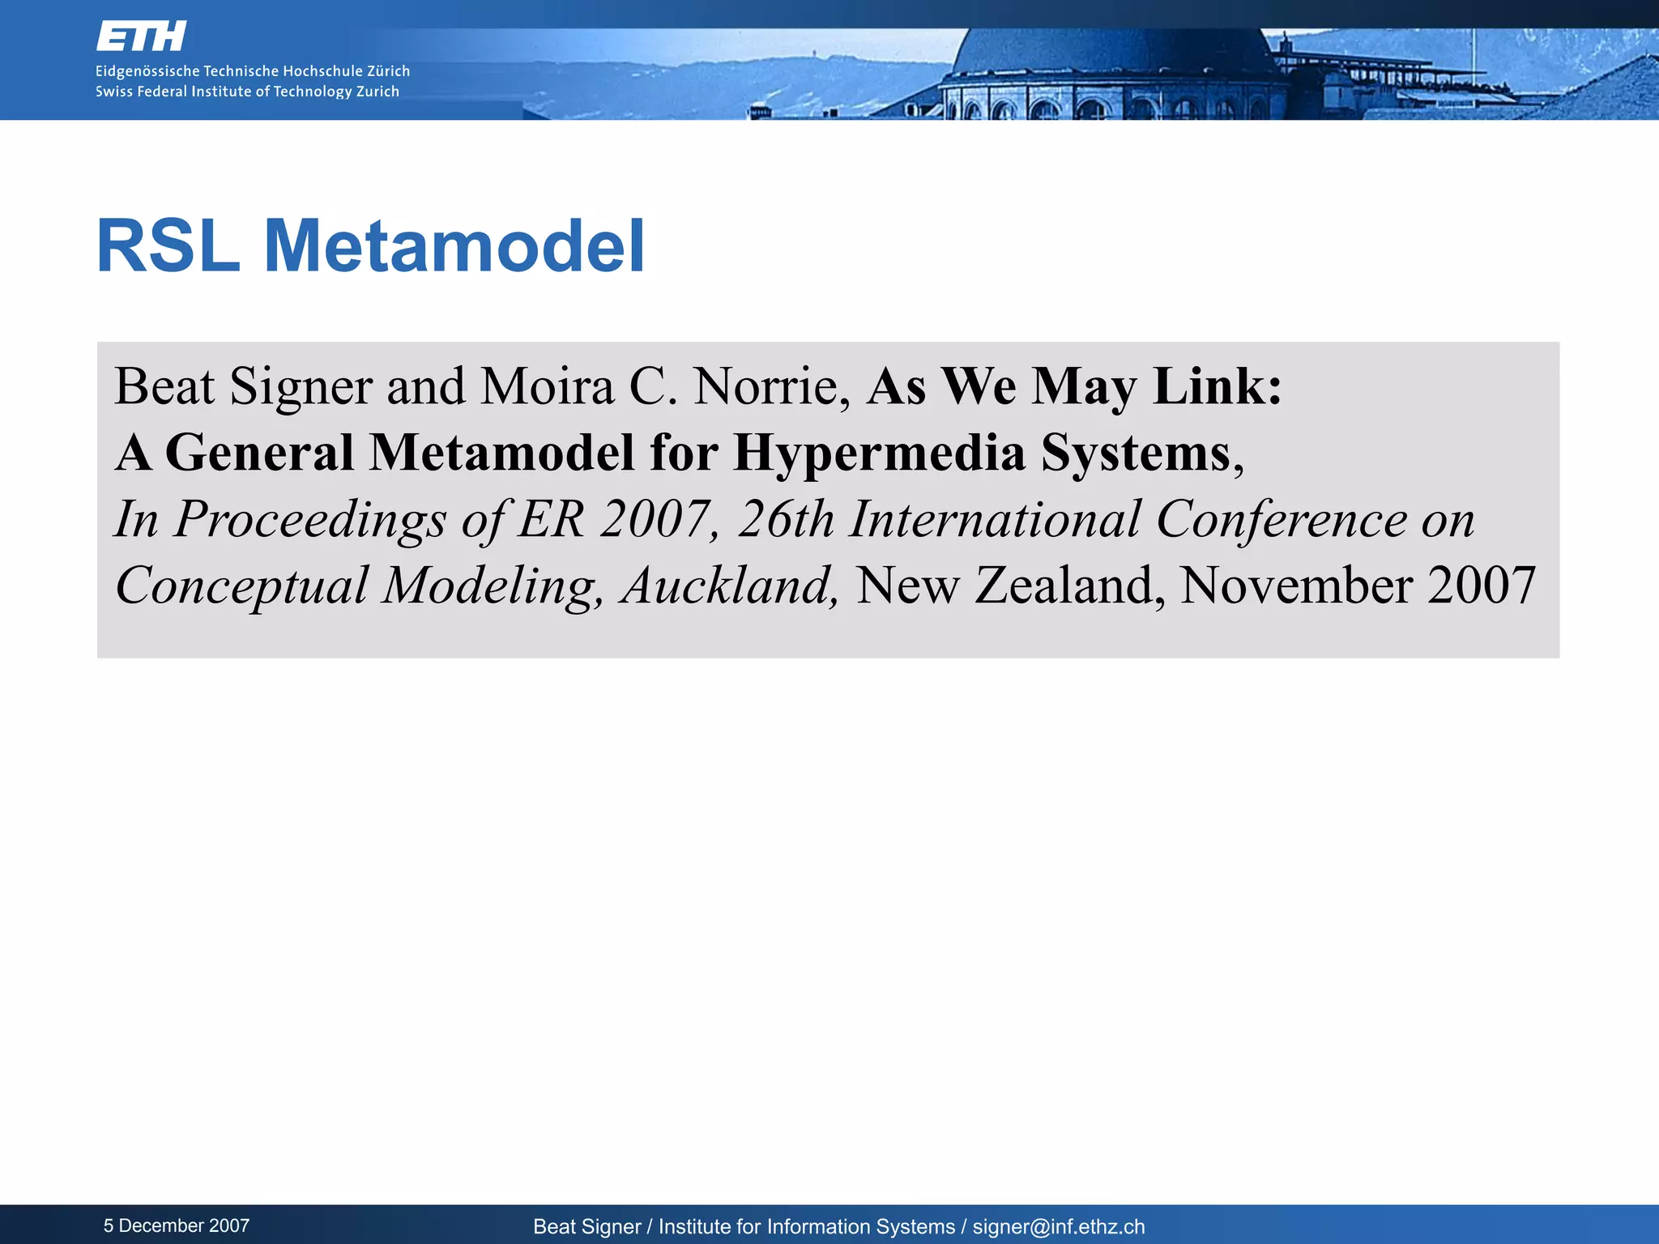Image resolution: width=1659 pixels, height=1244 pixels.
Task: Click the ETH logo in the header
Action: click(x=141, y=36)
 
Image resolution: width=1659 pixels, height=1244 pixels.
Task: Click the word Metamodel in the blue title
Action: click(x=454, y=246)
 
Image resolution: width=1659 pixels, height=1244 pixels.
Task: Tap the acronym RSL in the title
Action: click(x=168, y=246)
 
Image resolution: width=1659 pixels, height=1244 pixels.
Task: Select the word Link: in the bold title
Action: click(x=1218, y=386)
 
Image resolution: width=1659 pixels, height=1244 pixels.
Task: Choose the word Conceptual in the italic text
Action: click(x=241, y=586)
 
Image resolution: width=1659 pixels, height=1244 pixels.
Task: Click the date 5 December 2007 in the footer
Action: click(x=177, y=1225)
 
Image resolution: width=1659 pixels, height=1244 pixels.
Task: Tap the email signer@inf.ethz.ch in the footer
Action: click(x=1059, y=1227)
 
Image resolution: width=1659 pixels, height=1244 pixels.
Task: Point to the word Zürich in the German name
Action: click(x=388, y=71)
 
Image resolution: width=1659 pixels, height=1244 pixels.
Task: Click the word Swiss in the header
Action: click(x=113, y=92)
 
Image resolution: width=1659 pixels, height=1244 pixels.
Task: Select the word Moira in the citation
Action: click(x=547, y=386)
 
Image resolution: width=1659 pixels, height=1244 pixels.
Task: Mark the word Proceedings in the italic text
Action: click(x=310, y=520)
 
